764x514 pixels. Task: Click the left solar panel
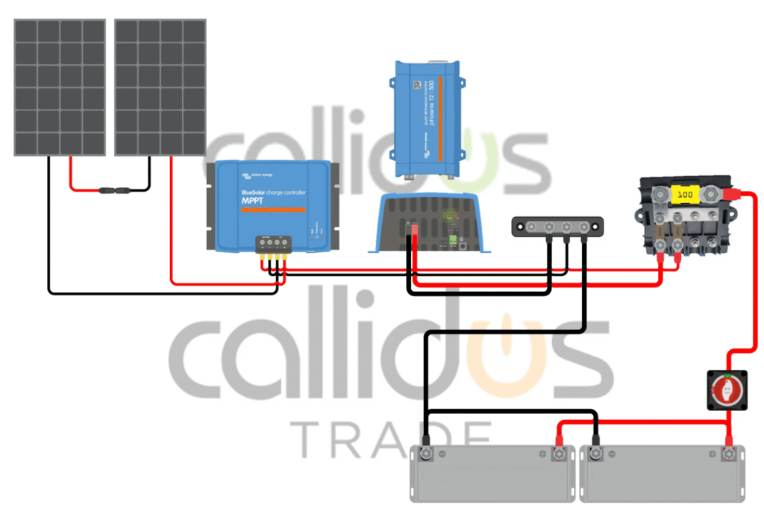point(60,87)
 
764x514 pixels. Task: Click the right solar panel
point(160,87)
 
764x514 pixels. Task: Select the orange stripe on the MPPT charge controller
point(273,210)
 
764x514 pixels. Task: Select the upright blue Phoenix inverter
point(427,119)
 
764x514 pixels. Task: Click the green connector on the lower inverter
point(453,240)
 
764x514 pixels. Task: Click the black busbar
point(557,227)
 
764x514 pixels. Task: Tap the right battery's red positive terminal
point(729,452)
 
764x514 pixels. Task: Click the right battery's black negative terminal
point(596,452)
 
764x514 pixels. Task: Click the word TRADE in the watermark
point(388,439)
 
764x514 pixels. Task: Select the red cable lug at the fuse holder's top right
point(734,195)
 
